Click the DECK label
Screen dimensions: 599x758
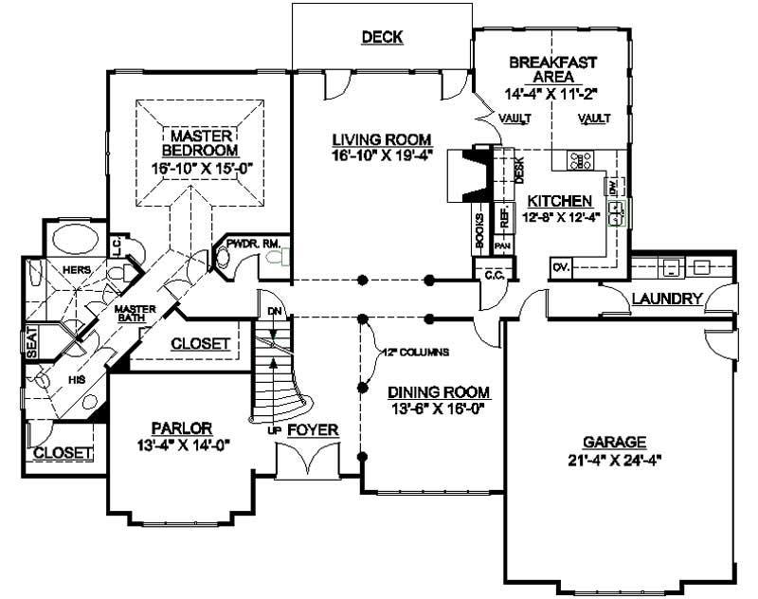tap(383, 37)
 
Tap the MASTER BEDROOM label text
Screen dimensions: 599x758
tap(198, 143)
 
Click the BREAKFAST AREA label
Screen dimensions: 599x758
tap(552, 69)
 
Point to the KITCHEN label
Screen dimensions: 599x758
tap(560, 201)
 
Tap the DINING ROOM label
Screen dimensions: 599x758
tap(439, 391)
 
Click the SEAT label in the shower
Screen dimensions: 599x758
tap(30, 342)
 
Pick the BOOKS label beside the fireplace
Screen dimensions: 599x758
tap(480, 230)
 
